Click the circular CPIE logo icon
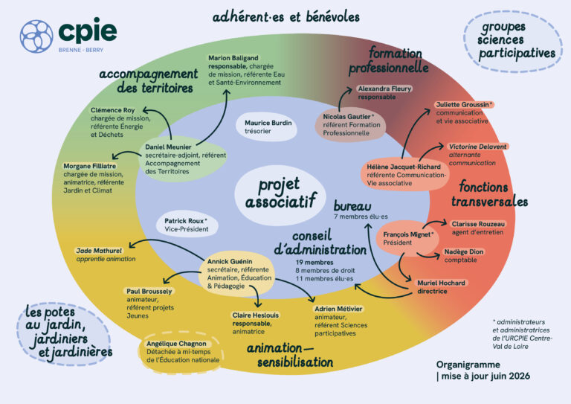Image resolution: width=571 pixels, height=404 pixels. point(36,36)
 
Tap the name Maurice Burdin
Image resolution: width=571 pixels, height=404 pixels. point(268,123)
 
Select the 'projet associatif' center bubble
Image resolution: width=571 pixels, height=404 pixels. point(280,194)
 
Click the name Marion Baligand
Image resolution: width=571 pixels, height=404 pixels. point(233,58)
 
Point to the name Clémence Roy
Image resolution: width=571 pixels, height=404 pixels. point(112,110)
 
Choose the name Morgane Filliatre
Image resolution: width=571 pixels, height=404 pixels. point(89,166)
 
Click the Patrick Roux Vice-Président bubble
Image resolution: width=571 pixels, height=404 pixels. point(187,225)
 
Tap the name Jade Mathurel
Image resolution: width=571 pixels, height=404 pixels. point(99,251)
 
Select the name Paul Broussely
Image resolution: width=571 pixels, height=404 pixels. point(149,291)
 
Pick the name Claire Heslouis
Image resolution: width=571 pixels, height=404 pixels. point(255,315)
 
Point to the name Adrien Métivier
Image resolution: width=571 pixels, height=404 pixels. point(338,309)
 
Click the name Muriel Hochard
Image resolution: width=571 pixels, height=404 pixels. point(441,283)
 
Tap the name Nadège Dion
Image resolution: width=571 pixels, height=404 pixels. point(464,251)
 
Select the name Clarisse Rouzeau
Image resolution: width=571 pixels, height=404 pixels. point(478,224)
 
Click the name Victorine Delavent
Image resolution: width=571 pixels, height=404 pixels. point(477,147)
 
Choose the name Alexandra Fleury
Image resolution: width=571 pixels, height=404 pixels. point(384,89)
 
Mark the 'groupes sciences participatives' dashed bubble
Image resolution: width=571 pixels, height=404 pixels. point(513,41)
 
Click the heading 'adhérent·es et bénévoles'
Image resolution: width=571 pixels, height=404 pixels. point(285,17)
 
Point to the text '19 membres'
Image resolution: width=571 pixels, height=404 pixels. point(314,263)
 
